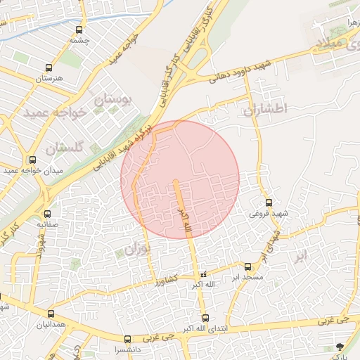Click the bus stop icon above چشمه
pos(79,30)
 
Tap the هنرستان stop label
pos(49,78)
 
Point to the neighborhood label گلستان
pos(65,147)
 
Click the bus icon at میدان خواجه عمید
pos(32,160)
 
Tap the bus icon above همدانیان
pos(51,314)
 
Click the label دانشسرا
pos(127,349)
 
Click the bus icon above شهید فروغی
pos(269,202)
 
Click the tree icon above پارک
pos(340,345)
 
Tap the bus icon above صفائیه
pos(47,214)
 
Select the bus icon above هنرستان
pos(49,68)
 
